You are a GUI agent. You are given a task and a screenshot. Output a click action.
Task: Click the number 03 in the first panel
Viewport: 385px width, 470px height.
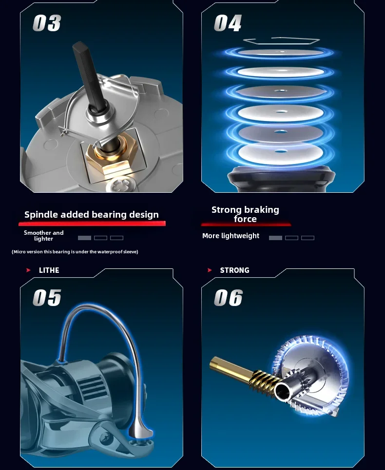pos(47,23)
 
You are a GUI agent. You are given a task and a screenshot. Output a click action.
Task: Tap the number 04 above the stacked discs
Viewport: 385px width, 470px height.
pos(228,23)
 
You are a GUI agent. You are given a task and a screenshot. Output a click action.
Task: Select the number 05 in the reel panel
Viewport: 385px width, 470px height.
pos(47,298)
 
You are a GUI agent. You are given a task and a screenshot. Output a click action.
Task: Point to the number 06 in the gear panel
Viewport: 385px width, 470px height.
pos(228,298)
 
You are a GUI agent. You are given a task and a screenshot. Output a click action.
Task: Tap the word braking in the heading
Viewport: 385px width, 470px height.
pos(262,209)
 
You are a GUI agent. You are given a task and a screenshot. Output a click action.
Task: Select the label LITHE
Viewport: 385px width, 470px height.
pos(49,270)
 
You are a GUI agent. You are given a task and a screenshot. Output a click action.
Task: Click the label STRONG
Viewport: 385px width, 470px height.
pos(234,270)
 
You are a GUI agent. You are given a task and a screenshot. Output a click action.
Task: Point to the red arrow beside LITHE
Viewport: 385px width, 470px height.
pos(28,270)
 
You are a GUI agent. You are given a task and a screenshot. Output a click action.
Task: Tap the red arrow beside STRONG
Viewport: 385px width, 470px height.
pos(210,270)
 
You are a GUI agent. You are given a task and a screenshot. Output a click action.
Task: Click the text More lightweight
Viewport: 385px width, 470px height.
pos(231,236)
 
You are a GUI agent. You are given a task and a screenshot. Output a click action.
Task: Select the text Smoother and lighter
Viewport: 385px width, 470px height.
pos(44,236)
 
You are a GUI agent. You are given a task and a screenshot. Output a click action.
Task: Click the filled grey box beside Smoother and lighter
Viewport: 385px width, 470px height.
pos(84,238)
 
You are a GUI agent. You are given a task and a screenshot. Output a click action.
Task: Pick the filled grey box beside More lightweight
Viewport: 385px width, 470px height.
pos(275,238)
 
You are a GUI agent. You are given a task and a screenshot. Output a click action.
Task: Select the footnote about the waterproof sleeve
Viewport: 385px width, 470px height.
pos(75,252)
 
